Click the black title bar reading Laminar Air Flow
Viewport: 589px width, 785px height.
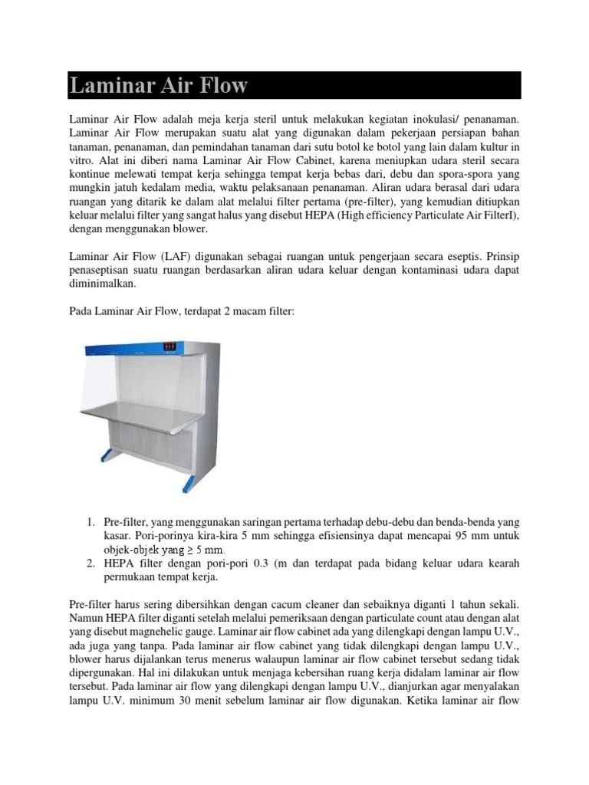[294, 85]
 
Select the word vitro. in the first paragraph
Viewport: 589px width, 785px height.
[81, 161]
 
